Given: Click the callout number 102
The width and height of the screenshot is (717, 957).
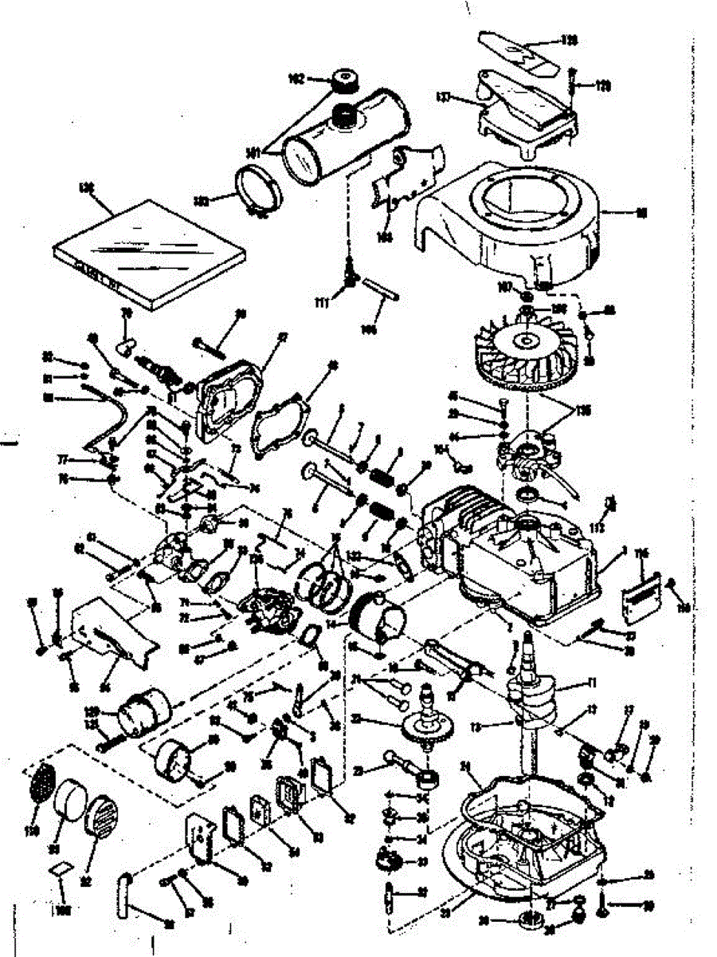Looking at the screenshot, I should point(297,79).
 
